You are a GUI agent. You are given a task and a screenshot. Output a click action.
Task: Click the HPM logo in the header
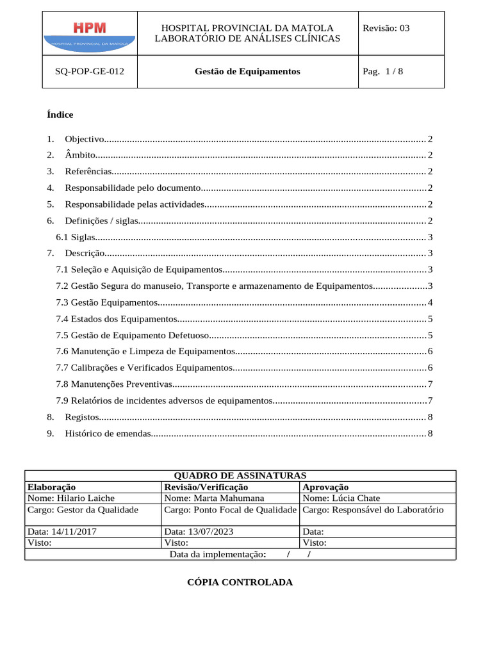[90, 33]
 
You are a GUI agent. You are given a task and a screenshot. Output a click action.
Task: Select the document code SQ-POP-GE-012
[90, 72]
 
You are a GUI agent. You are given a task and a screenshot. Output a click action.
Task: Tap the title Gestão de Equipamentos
[247, 72]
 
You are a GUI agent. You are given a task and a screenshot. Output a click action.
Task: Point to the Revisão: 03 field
[386, 28]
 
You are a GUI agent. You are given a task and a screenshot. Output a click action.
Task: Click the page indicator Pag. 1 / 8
[383, 72]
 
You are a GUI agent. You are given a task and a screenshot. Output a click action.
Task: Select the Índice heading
[60, 115]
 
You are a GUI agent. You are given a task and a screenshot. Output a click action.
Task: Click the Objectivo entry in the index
[84, 139]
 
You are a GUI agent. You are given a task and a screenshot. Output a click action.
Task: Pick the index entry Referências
[88, 172]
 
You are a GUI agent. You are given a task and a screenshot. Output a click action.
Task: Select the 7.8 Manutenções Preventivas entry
[114, 384]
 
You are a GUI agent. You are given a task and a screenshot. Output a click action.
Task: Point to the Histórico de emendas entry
[107, 434]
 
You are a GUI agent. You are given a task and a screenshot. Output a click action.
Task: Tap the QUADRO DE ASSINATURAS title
[240, 475]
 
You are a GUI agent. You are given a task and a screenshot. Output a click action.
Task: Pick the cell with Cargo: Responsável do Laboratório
[373, 510]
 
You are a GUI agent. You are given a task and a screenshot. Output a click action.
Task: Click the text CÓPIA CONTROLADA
[240, 582]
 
